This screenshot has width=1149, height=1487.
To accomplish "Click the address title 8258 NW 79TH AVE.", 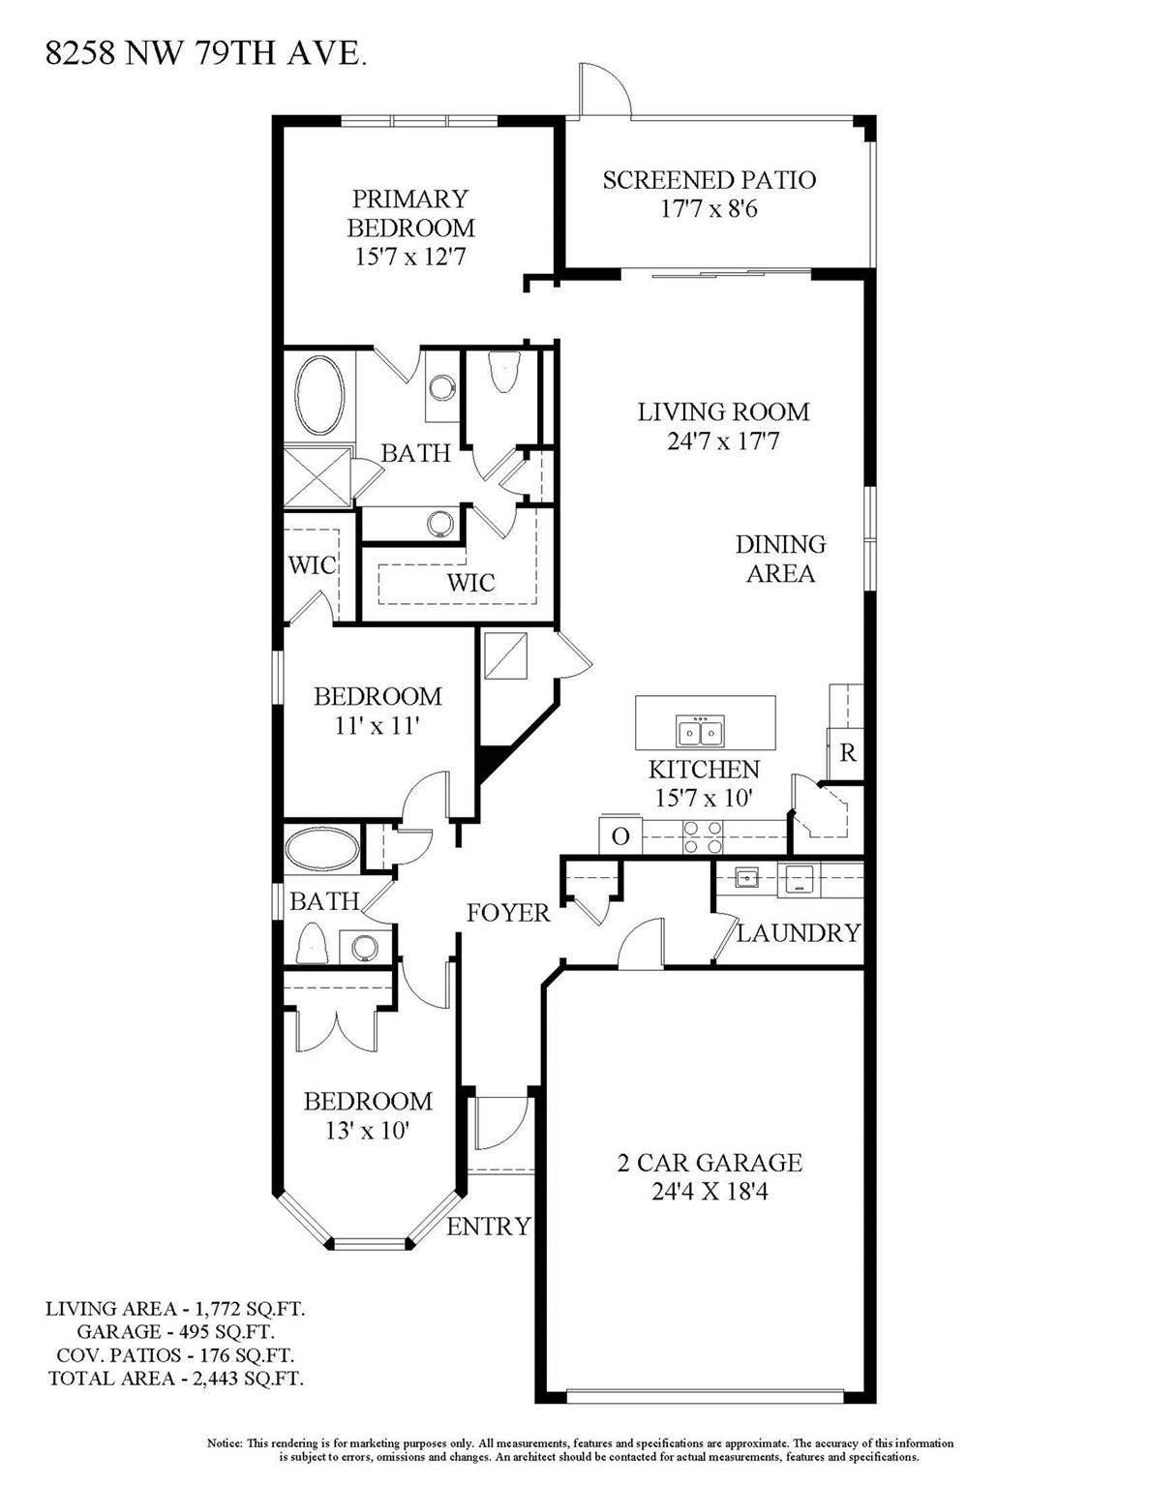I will [205, 53].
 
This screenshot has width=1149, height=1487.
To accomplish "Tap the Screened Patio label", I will [709, 180].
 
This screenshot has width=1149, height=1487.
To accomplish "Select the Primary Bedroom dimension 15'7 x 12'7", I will [410, 257].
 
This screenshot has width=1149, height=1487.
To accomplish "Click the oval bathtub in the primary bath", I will [319, 396].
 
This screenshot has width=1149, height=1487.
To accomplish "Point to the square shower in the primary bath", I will [318, 476].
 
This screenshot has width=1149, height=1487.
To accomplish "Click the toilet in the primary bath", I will [505, 372].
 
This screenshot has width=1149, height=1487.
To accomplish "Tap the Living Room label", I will [723, 411].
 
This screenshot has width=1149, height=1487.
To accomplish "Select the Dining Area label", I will [780, 559].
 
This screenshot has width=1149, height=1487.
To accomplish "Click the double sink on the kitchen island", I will [700, 733].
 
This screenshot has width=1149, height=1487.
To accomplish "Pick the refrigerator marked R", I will [847, 752].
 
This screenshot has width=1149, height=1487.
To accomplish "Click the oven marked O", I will [620, 836].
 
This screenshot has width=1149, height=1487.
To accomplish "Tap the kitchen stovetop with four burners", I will [703, 836].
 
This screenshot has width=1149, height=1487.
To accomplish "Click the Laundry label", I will [798, 932].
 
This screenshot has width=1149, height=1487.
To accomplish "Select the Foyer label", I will [508, 912].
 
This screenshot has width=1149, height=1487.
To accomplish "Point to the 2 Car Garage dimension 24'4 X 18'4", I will [710, 1191].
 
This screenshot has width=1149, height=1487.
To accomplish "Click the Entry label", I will [488, 1226].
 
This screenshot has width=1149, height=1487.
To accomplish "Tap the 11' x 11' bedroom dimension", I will [377, 725].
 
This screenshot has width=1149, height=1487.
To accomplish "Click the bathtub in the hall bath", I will [322, 849].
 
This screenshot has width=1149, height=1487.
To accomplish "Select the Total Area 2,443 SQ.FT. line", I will [176, 1379].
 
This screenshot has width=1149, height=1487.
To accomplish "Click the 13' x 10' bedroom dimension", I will [368, 1130].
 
